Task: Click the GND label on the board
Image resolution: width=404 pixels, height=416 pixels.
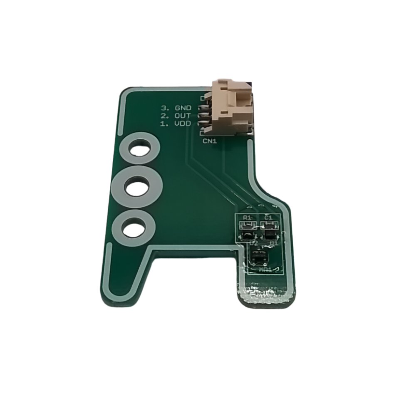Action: tap(183, 108)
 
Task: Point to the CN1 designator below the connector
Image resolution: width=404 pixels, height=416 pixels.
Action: tap(210, 141)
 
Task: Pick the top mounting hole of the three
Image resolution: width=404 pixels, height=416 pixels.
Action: tap(139, 149)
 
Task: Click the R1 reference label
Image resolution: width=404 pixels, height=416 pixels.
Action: tap(247, 218)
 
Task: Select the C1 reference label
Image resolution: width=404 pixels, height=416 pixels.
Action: tap(268, 218)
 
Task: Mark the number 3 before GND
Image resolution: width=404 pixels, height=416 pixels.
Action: tap(164, 108)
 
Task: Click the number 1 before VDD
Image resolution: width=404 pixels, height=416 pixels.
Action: tap(164, 124)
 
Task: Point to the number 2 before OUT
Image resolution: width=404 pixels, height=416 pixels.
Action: tap(164, 116)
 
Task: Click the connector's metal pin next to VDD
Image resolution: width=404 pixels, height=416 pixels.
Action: tap(203, 124)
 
